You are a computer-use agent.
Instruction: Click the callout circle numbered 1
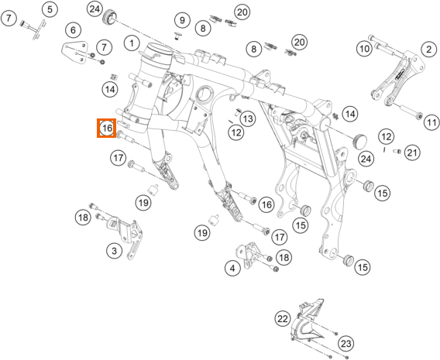(132, 43)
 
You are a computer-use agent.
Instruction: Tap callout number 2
(429, 50)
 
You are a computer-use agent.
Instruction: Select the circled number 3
(114, 250)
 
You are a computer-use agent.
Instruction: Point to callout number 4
(232, 269)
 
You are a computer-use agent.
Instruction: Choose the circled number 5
(50, 9)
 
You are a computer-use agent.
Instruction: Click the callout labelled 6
(74, 29)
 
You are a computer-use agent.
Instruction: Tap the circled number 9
(182, 20)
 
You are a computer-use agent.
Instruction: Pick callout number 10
(364, 49)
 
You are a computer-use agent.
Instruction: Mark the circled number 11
(431, 122)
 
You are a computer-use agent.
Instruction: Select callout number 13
(248, 118)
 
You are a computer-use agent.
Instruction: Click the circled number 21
(412, 153)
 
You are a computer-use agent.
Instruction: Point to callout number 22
(282, 318)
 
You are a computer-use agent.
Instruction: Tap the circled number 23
(345, 344)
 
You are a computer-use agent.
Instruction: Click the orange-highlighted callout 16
(107, 129)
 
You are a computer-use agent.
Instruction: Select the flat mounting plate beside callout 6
(74, 53)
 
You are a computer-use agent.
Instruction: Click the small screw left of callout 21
(396, 152)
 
